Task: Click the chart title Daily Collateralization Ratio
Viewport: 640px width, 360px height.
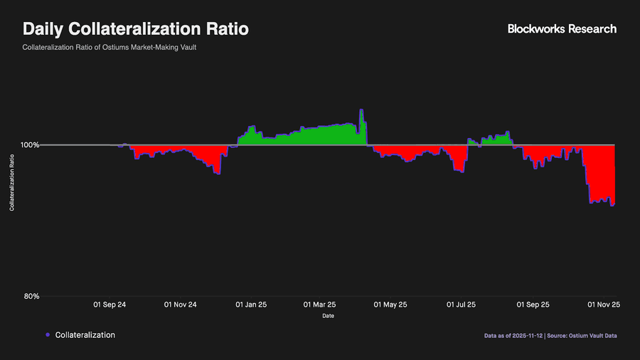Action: pyautogui.click(x=136, y=30)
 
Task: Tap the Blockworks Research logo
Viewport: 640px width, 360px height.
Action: pyautogui.click(x=562, y=29)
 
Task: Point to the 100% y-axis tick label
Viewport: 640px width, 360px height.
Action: pyautogui.click(x=29, y=145)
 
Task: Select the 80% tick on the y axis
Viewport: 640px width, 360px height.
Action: pyautogui.click(x=31, y=297)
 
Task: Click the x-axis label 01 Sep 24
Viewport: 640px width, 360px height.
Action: pyautogui.click(x=110, y=305)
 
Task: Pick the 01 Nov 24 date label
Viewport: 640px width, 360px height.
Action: pyautogui.click(x=180, y=305)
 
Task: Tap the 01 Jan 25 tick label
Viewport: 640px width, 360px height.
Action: pyautogui.click(x=250, y=305)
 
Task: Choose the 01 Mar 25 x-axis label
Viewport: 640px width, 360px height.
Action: pyautogui.click(x=319, y=305)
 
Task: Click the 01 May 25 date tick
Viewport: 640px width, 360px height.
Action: pyautogui.click(x=391, y=305)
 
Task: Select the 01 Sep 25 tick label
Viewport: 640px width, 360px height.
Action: pyautogui.click(x=533, y=305)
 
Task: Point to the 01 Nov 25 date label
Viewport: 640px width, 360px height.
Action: pyautogui.click(x=604, y=305)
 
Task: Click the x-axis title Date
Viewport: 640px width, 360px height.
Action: pyautogui.click(x=328, y=316)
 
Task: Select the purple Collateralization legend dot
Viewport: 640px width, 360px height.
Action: pyautogui.click(x=47, y=335)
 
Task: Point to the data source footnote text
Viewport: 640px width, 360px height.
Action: pyautogui.click(x=550, y=335)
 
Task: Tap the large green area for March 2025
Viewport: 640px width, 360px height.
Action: pyautogui.click(x=320, y=137)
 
